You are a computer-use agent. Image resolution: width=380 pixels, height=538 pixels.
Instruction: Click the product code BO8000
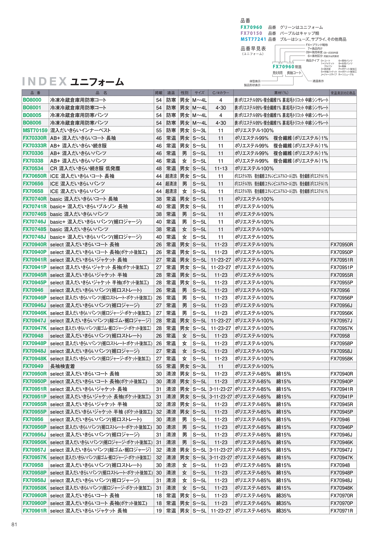tap(32, 100)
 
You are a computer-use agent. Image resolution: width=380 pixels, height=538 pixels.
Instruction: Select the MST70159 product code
tap(35, 130)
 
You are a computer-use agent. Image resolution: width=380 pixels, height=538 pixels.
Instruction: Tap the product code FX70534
tap(33, 168)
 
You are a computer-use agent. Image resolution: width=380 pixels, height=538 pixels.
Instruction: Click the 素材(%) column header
tap(281, 93)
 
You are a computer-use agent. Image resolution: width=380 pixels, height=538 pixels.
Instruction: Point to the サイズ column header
tap(199, 93)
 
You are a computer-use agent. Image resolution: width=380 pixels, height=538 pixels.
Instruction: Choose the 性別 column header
tap(184, 93)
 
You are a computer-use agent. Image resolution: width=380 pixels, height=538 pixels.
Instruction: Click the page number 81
tap(14, 524)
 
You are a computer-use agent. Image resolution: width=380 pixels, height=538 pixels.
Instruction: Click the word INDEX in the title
tap(45, 81)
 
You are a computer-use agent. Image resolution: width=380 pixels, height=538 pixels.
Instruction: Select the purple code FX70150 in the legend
tap(251, 33)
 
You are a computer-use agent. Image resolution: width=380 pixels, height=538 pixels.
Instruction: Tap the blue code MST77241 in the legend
tap(253, 39)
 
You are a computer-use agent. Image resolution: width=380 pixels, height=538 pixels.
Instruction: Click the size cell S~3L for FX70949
tap(199, 366)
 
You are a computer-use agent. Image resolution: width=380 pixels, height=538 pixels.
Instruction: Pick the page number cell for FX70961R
tap(159, 511)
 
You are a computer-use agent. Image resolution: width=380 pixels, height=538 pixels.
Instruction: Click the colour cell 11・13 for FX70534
tap(221, 168)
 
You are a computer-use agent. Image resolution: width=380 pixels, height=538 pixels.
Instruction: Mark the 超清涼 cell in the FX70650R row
tap(171, 176)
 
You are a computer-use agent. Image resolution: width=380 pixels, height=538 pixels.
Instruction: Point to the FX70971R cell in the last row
tap(342, 511)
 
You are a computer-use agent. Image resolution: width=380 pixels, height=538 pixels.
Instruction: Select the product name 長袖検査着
tap(62, 366)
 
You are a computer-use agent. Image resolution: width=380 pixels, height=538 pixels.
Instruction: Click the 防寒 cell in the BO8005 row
tap(171, 115)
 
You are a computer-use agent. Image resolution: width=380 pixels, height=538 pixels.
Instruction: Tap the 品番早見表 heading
tap(253, 49)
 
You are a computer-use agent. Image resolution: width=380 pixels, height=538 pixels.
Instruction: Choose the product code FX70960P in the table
tap(35, 503)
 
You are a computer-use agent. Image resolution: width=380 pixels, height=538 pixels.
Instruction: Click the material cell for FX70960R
tap(263, 496)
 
